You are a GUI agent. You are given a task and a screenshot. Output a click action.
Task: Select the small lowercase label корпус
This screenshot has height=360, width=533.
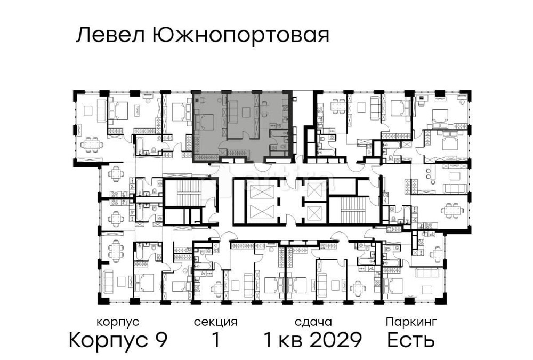pyautogui.click(x=118, y=322)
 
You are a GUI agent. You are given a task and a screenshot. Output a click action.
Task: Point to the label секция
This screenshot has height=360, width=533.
pyautogui.click(x=215, y=322)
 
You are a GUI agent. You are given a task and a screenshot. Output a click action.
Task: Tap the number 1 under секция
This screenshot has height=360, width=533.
pyautogui.click(x=215, y=340)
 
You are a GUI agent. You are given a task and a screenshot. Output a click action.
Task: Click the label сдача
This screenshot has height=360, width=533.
pyautogui.click(x=313, y=322)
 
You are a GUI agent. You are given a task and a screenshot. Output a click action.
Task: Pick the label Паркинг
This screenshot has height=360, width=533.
pyautogui.click(x=411, y=322)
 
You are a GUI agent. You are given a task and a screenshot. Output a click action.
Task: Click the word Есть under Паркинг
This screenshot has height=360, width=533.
pyautogui.click(x=411, y=340)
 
